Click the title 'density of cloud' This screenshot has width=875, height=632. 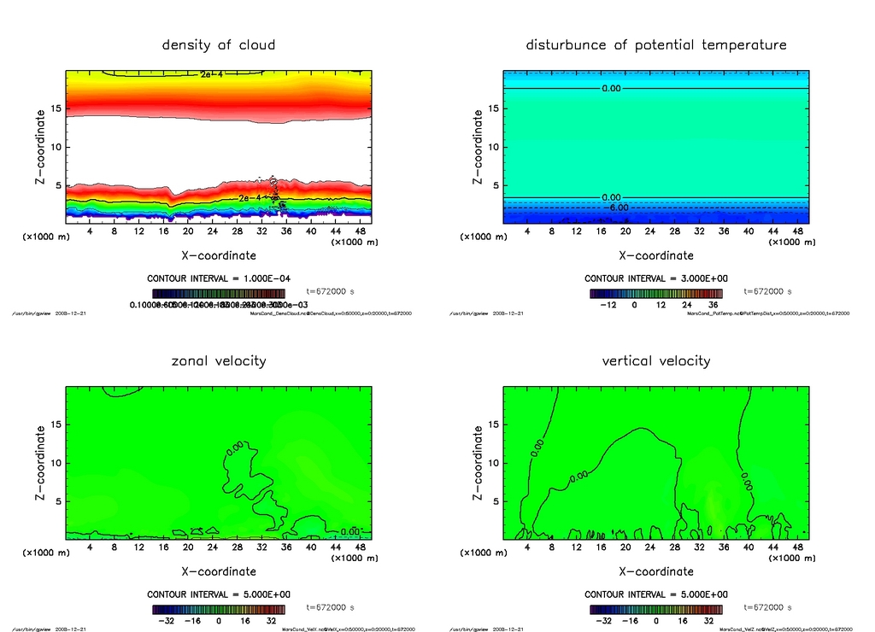(x=219, y=44)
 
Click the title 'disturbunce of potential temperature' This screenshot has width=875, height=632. (x=655, y=44)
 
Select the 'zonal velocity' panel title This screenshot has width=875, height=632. (x=219, y=360)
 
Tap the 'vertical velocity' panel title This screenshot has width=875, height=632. (x=655, y=360)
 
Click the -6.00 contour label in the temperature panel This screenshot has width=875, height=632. (x=617, y=207)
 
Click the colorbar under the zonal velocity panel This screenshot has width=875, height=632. (x=219, y=610)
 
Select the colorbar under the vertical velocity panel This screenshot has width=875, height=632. (x=655, y=610)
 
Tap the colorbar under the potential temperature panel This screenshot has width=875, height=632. (x=655, y=293)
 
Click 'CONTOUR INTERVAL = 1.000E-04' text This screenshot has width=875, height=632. (x=219, y=278)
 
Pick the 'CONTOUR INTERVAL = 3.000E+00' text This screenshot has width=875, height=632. (x=655, y=278)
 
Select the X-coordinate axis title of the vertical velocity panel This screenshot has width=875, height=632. (x=655, y=571)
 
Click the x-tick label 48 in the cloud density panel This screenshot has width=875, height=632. (x=361, y=231)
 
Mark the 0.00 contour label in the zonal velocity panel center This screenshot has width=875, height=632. (x=235, y=448)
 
